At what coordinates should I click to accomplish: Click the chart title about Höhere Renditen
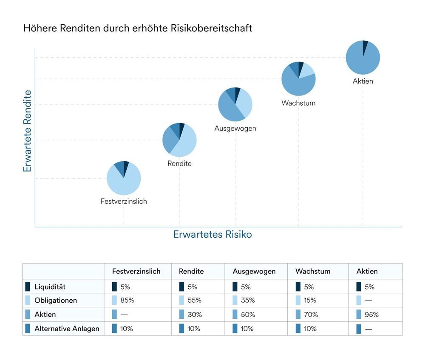pyautogui.click(x=138, y=28)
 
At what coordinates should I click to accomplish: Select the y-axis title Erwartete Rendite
pyautogui.click(x=28, y=131)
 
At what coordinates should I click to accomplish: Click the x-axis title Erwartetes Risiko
pyautogui.click(x=212, y=234)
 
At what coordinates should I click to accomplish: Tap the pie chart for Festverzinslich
pyautogui.click(x=124, y=178)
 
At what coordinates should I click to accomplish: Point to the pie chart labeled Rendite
pyautogui.click(x=179, y=140)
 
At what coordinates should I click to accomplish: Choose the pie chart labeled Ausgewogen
pyautogui.click(x=235, y=104)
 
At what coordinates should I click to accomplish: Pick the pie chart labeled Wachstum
pyautogui.click(x=298, y=79)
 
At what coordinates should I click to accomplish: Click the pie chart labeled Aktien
pyautogui.click(x=363, y=57)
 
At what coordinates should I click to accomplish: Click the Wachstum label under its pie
pyautogui.click(x=298, y=103)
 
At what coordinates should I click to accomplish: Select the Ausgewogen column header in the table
pyautogui.click(x=254, y=271)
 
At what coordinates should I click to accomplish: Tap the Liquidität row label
pyautogui.click(x=50, y=287)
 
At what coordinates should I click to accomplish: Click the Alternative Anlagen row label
pyautogui.click(x=67, y=329)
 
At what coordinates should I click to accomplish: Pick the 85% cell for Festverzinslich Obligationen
pyautogui.click(x=127, y=301)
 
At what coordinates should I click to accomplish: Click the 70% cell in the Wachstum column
pyautogui.click(x=311, y=315)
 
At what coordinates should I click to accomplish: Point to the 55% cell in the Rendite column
pyautogui.click(x=195, y=301)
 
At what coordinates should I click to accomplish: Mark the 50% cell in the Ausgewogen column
pyautogui.click(x=248, y=315)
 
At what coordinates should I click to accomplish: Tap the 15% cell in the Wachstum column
pyautogui.click(x=310, y=301)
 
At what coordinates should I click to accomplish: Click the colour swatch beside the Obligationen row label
pyautogui.click(x=28, y=301)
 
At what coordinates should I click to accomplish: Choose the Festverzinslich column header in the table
pyautogui.click(x=136, y=271)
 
